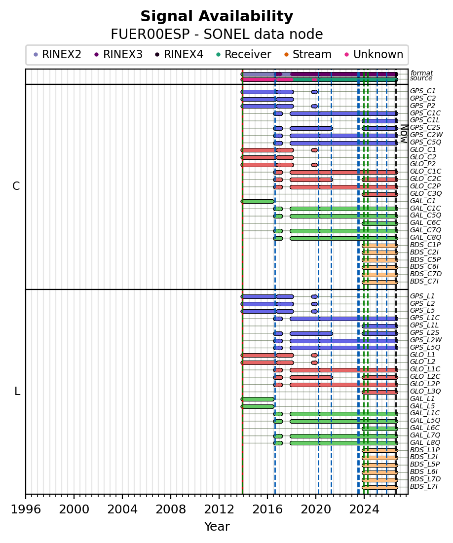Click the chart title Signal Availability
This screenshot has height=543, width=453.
217,16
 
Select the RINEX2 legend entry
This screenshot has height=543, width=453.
58,54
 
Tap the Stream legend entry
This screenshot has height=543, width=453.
308,54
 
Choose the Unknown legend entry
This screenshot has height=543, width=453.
374,54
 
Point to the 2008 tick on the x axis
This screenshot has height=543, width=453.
171,494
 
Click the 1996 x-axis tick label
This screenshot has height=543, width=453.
26,509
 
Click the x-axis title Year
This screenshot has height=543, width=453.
217,526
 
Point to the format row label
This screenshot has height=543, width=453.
421,73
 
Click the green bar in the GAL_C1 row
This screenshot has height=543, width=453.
258,201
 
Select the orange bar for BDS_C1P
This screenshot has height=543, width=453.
380,246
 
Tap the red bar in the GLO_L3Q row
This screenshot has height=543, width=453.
380,392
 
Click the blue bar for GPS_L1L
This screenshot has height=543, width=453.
380,326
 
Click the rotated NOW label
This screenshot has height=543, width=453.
404,134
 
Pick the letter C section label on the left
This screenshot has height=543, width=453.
16,186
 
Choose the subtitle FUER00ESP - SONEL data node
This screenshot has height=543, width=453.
217,35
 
